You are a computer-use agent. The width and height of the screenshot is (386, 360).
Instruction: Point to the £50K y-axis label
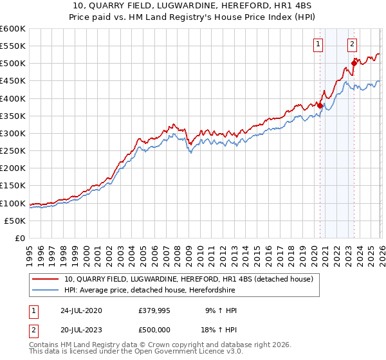pos(15,221)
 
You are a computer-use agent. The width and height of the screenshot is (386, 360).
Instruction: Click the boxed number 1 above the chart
pos(318,44)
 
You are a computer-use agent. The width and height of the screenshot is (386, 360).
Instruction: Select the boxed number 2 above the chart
pos(353,44)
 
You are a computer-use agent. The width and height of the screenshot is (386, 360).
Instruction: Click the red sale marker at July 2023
pos(354,63)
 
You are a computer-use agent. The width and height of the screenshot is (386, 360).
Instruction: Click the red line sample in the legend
pos(46,279)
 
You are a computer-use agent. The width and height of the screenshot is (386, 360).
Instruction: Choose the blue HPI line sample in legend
pos(46,290)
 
